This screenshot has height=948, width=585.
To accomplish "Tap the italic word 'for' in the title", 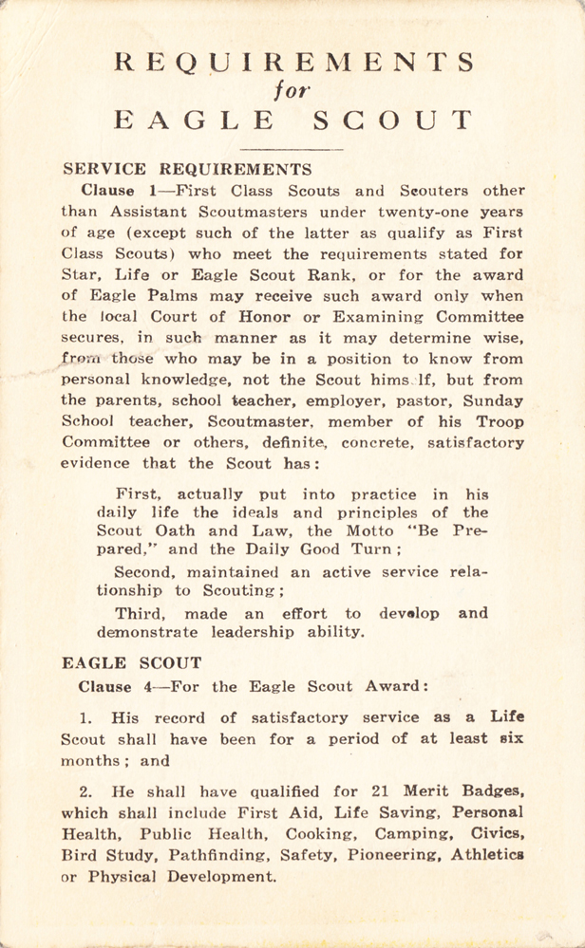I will [x=292, y=92].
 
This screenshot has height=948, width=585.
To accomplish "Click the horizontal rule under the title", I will [x=292, y=149].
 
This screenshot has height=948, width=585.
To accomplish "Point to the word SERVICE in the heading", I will [x=105, y=170].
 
